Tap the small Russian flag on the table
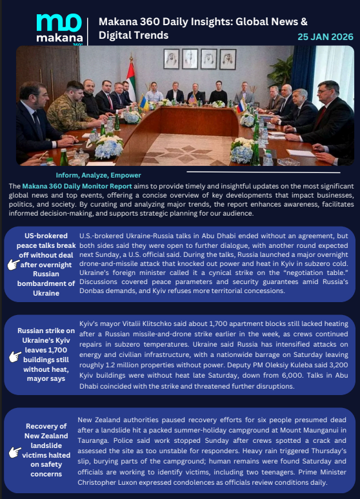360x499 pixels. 241,103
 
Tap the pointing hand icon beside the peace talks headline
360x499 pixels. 13,265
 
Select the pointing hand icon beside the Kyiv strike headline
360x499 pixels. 13,356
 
